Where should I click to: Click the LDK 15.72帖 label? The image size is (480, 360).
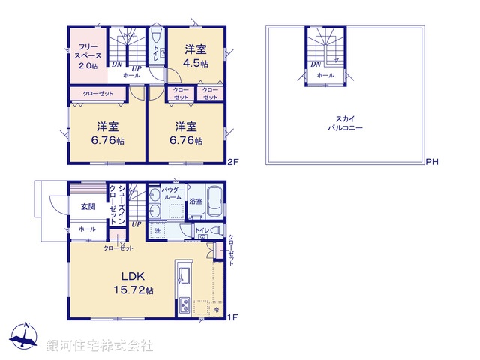pyautogui.click(x=133, y=283)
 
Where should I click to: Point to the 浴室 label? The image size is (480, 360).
pyautogui.click(x=195, y=201)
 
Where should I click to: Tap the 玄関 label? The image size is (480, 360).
pyautogui.click(x=88, y=206)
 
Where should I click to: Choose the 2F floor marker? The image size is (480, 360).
pyautogui.click(x=232, y=160)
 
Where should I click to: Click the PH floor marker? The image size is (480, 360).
pyautogui.click(x=432, y=162)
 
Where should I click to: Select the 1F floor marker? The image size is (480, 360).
pyautogui.click(x=232, y=317)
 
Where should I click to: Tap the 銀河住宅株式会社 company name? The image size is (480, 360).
pyautogui.click(x=99, y=346)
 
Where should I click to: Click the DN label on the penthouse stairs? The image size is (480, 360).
pyautogui.click(x=315, y=64)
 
